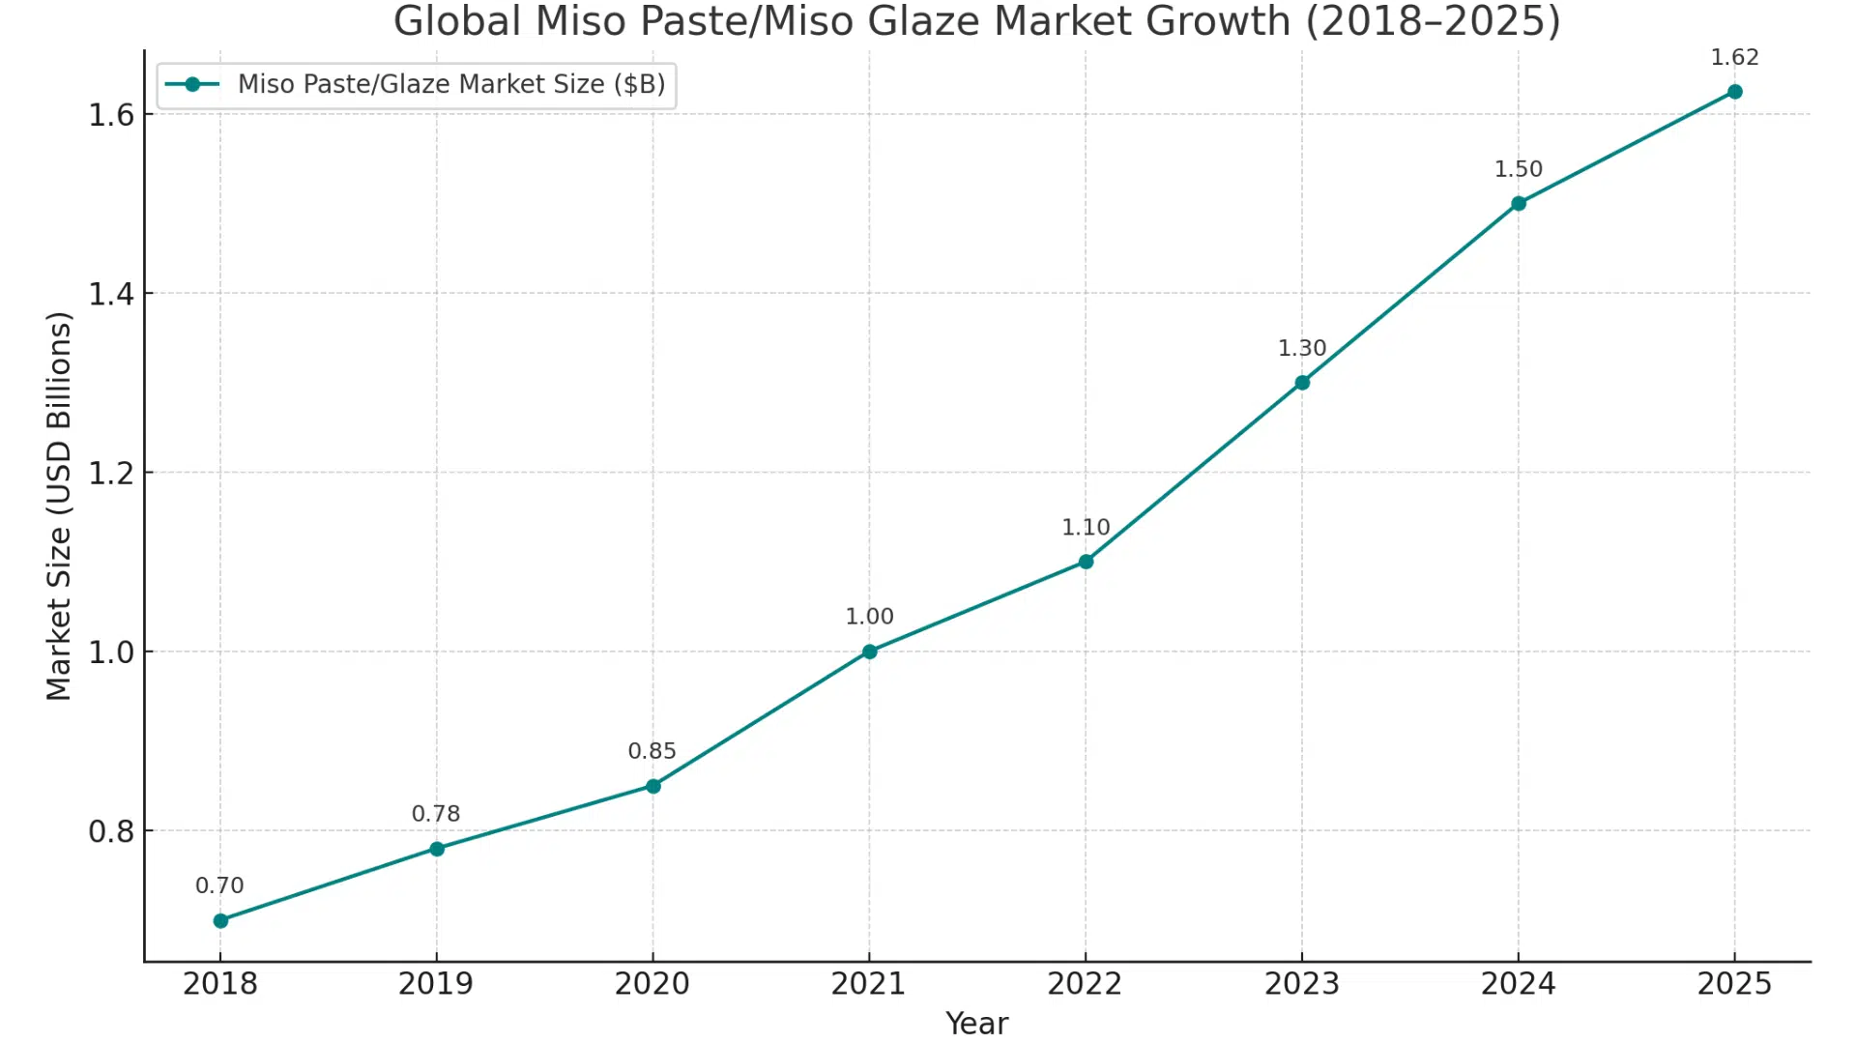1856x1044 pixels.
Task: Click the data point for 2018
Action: (x=220, y=920)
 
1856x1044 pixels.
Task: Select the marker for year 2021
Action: (x=869, y=652)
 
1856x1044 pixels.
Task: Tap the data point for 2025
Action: (x=1734, y=92)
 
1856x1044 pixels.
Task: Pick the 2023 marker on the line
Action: (x=1302, y=383)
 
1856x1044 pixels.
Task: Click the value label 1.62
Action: (x=1734, y=57)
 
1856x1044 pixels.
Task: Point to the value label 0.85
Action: (x=652, y=751)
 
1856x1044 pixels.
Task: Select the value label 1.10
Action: (x=1085, y=527)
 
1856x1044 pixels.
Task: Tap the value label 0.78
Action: (x=436, y=814)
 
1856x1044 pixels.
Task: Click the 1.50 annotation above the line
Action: (x=1518, y=169)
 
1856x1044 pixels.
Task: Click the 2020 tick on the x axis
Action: (x=652, y=983)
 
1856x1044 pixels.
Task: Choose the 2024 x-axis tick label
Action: (x=1518, y=983)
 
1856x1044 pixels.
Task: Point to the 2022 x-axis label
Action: (x=1085, y=983)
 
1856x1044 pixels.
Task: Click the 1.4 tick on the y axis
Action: (x=111, y=294)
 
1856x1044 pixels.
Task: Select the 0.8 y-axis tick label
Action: (x=111, y=831)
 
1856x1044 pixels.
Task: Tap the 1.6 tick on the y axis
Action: (x=111, y=115)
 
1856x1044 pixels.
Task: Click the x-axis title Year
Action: (x=976, y=1023)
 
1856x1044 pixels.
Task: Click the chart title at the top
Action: (x=976, y=21)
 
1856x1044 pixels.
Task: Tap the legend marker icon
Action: (x=192, y=84)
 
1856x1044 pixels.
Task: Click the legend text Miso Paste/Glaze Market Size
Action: (x=451, y=84)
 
